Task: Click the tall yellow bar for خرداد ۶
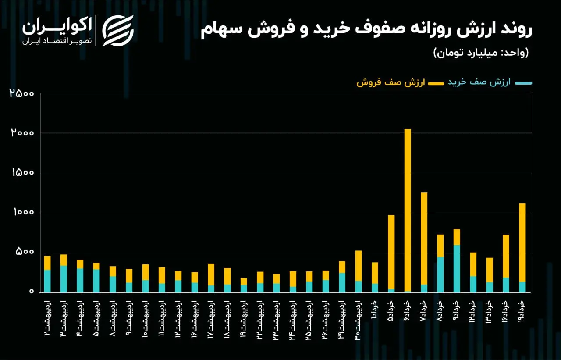pyautogui.click(x=408, y=210)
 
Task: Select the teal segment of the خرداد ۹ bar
pyautogui.click(x=457, y=268)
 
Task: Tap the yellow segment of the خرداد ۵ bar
pyautogui.click(x=391, y=252)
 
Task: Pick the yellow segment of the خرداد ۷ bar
pyautogui.click(x=424, y=239)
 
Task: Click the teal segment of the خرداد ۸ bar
pyautogui.click(x=440, y=274)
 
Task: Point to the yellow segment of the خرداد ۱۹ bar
pyautogui.click(x=522, y=242)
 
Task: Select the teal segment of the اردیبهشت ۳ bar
pyautogui.click(x=64, y=279)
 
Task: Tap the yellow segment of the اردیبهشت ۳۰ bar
pyautogui.click(x=359, y=266)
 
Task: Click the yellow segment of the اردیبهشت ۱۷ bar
pyautogui.click(x=211, y=274)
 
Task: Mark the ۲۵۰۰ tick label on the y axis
pyautogui.click(x=21, y=93)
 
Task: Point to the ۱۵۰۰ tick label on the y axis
pyautogui.click(x=22, y=173)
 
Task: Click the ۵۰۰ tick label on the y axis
pyautogui.click(x=25, y=252)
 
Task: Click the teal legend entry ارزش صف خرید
pyautogui.click(x=490, y=82)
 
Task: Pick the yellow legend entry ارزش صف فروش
pyautogui.click(x=400, y=83)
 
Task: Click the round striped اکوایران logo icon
pyautogui.click(x=118, y=31)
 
